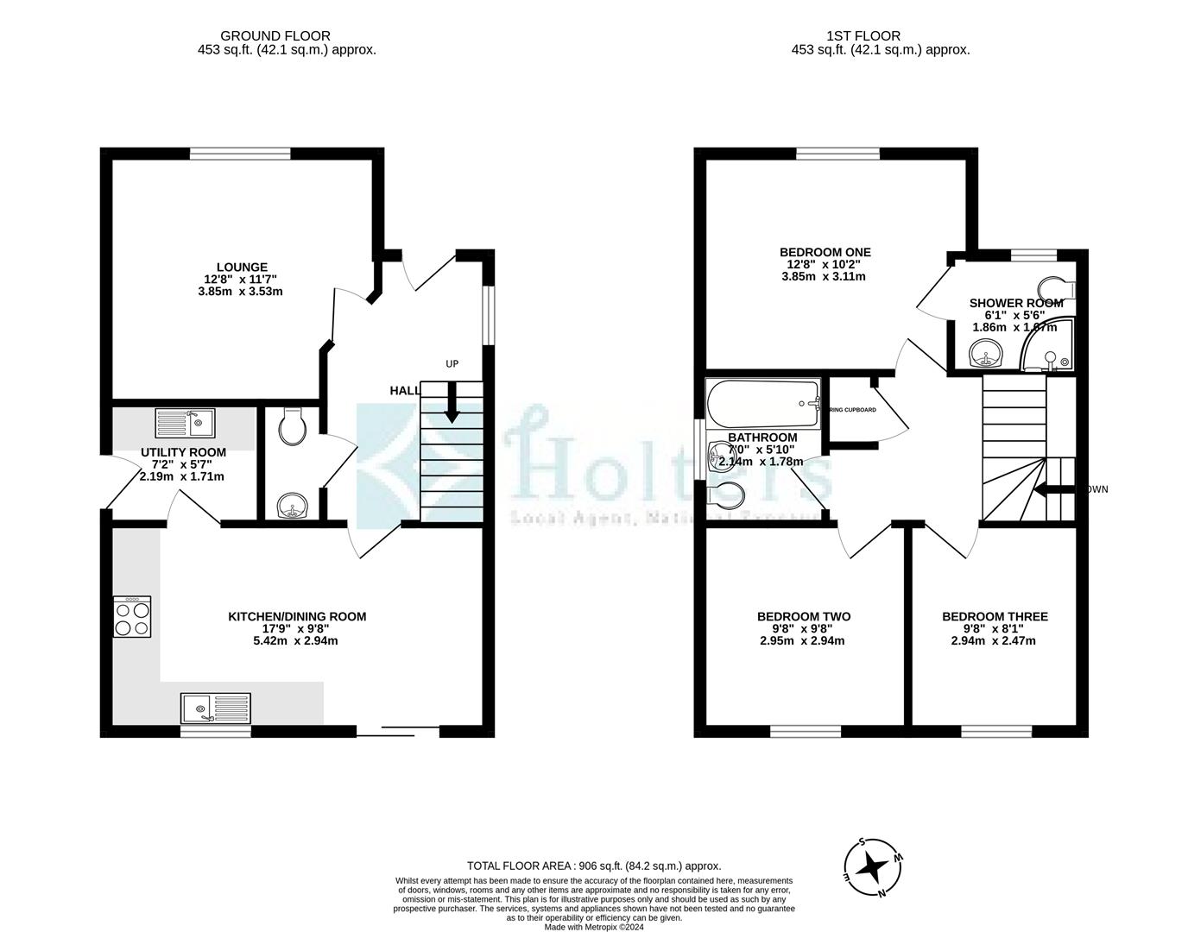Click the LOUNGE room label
point(241,267)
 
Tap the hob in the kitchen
point(132,617)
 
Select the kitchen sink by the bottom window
point(215,708)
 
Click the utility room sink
point(185,423)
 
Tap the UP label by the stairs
point(452,364)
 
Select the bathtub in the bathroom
point(762,403)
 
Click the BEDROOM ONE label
point(825,252)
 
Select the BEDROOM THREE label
point(995,616)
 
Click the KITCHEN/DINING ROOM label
point(296,616)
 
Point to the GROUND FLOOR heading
point(263,35)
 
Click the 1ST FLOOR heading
point(863,35)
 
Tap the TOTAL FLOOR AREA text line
point(593,866)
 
